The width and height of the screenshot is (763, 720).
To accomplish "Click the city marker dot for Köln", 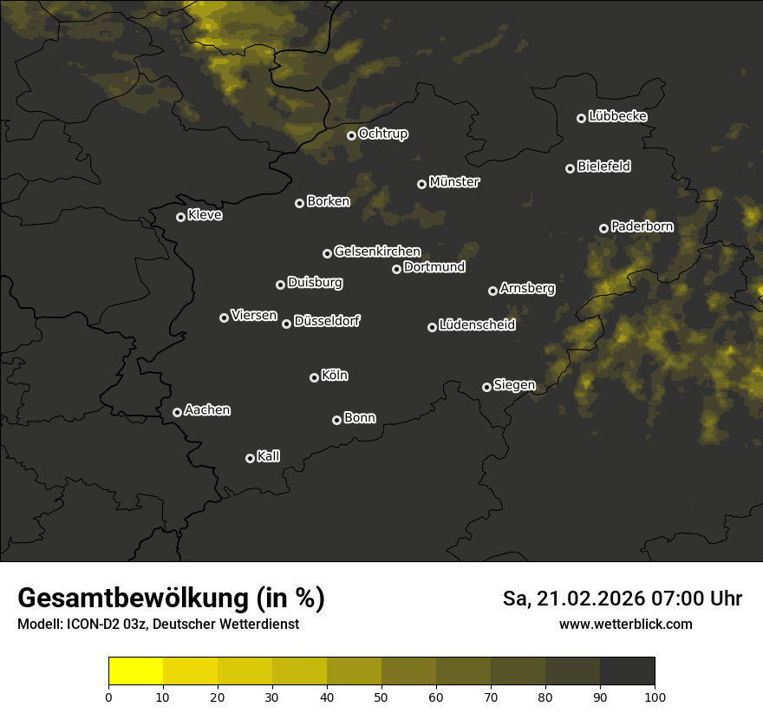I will [x=314, y=377].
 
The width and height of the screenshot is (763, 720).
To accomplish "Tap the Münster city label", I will [x=453, y=182].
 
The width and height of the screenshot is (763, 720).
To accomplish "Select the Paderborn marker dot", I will [x=603, y=228].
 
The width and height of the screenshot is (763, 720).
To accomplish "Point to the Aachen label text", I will [x=207, y=410].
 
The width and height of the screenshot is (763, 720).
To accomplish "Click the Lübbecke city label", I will [x=617, y=116].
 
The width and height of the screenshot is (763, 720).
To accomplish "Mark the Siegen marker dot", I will [x=486, y=387].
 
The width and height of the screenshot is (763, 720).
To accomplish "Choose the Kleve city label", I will [x=205, y=215].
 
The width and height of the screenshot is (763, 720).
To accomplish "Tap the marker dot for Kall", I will [x=250, y=458].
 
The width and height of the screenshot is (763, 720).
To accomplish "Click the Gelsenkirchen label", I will [x=377, y=252].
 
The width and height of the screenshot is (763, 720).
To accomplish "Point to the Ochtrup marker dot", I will [x=351, y=135].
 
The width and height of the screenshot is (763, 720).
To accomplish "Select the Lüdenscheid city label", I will [x=477, y=325].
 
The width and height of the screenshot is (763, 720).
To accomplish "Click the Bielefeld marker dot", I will [x=570, y=168].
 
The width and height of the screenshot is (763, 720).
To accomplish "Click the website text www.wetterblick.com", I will [x=625, y=624].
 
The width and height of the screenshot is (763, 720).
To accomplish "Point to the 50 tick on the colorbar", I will [x=381, y=696].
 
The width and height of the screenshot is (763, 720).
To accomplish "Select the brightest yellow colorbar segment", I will [x=135, y=671].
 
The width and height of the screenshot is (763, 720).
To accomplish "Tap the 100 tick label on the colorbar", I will [x=655, y=696].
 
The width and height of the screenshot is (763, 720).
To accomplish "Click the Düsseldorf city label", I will [x=327, y=321].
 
